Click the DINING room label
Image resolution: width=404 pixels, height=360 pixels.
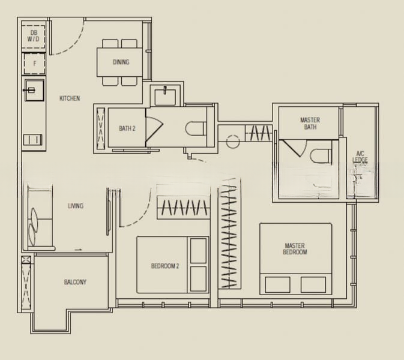click(121, 62)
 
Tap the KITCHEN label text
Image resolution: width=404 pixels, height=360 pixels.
click(70, 98)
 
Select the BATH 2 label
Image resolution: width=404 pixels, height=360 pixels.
click(127, 128)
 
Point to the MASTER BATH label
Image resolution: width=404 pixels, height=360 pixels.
click(310, 124)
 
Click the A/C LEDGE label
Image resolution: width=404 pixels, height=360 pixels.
click(360, 157)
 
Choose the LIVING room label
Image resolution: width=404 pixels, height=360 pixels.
click(76, 206)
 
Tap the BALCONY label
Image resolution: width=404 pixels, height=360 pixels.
click(75, 282)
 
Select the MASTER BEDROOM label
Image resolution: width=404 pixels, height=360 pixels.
click(295, 249)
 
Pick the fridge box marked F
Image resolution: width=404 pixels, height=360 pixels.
click(35, 63)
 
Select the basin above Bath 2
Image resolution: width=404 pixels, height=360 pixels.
click(163, 96)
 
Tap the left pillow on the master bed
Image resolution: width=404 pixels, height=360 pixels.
click(277, 284)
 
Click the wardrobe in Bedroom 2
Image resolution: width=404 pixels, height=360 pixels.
click(183, 208)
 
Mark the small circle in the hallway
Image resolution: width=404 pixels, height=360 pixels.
click(232, 142)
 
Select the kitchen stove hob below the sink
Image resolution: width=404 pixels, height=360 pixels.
click(34, 140)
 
